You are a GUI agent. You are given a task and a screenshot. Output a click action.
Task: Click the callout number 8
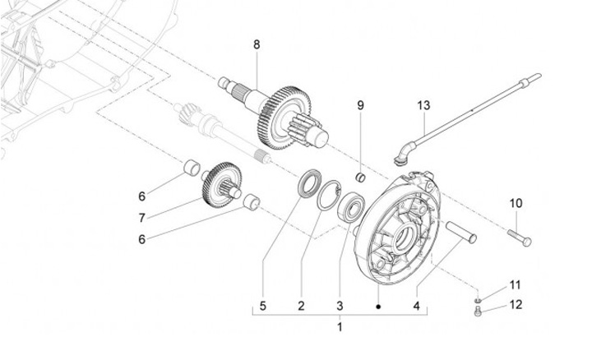coord(256,44)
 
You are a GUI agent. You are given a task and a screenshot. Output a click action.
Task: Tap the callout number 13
coord(423,106)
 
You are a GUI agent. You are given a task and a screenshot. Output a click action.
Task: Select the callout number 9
coord(359,105)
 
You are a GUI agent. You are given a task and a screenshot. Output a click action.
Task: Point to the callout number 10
coord(516,203)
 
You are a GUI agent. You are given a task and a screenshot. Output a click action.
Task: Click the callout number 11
coord(516,285)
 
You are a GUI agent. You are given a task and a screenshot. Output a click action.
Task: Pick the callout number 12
coord(516,306)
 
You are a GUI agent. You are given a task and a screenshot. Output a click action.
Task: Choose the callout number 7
coord(141,218)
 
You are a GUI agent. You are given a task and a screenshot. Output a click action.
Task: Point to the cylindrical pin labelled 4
coord(463,233)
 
